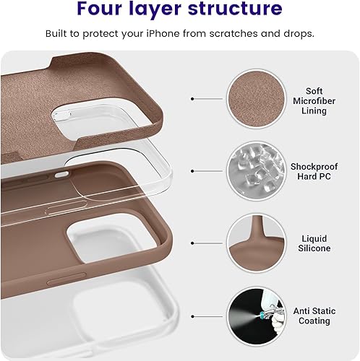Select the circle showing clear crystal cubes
pos(254,170)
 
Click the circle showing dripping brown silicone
pos(254,243)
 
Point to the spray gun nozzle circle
pos(254,316)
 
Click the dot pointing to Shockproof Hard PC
pos(192,171)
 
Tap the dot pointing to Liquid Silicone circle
pos(192,243)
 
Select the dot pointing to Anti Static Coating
pos(192,316)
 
